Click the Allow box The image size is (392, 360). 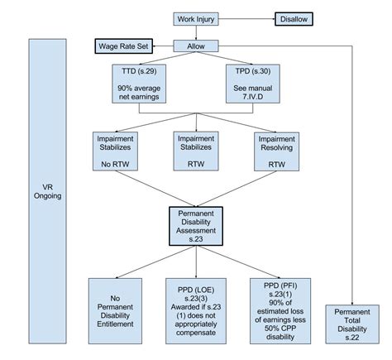click(197, 47)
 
